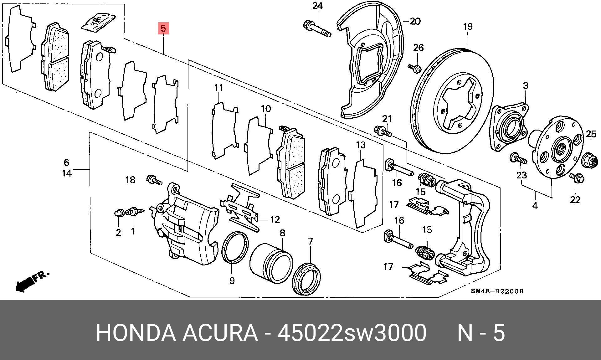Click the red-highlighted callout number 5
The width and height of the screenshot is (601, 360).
(x=163, y=28)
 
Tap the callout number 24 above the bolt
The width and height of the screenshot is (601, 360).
(x=317, y=6)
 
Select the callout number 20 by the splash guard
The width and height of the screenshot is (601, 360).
(x=415, y=21)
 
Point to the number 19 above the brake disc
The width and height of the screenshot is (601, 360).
(x=468, y=27)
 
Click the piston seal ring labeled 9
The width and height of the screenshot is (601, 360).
(x=235, y=247)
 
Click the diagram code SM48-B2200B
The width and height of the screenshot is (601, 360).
(x=497, y=291)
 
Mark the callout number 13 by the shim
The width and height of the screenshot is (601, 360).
(x=361, y=145)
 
